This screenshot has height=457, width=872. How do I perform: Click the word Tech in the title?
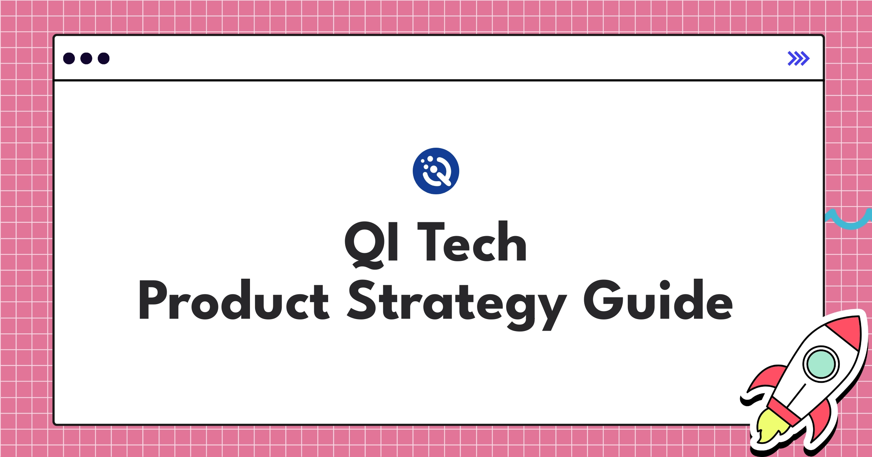click(472, 242)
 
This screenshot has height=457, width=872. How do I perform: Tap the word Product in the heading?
click(233, 300)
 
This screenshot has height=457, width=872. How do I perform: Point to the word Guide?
click(658, 300)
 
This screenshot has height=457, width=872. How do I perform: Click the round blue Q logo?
click(436, 171)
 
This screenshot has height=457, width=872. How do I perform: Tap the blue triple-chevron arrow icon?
click(798, 59)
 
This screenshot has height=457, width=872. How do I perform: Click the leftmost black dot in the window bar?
click(69, 59)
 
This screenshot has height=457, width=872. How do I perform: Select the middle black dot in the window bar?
click(86, 59)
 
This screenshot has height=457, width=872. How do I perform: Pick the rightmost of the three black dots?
click(104, 59)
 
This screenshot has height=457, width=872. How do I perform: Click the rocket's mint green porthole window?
click(821, 364)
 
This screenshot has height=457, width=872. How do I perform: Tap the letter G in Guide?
click(602, 300)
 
